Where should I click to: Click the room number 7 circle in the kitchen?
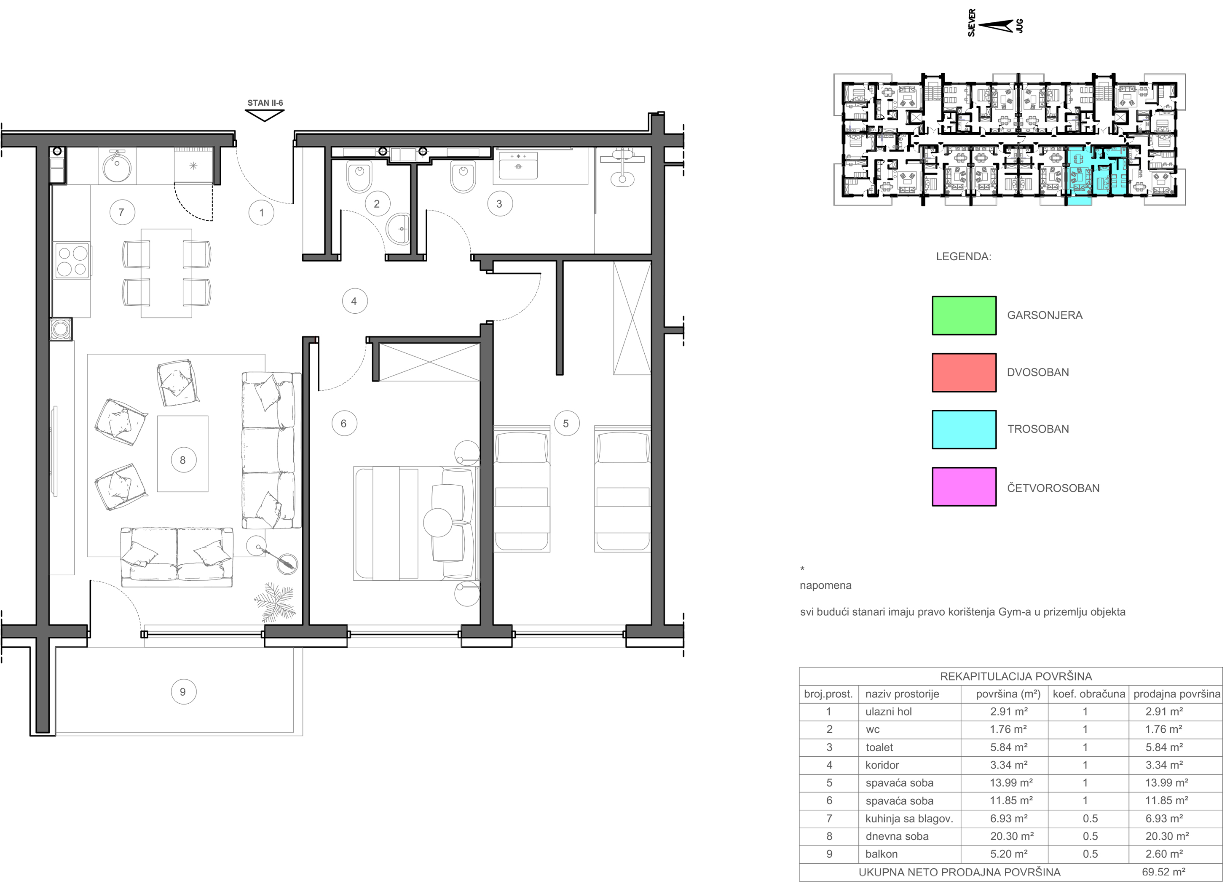121,212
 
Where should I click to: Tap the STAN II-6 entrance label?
265,102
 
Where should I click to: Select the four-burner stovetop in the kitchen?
72,261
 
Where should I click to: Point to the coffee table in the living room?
183,454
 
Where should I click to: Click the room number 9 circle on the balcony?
183,691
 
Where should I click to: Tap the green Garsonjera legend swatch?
964,315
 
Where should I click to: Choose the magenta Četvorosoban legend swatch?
964,487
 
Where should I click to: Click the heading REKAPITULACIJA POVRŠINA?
1016,676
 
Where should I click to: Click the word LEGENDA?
963,257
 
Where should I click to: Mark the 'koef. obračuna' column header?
1088,694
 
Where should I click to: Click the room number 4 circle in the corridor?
355,301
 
